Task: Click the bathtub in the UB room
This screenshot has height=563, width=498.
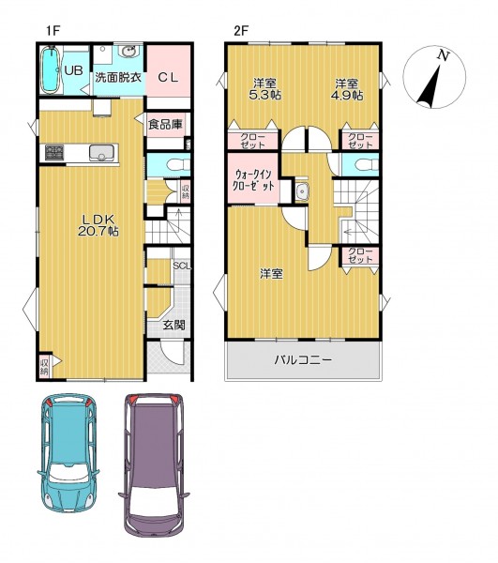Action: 52,69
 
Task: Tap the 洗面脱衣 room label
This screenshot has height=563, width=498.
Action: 118,77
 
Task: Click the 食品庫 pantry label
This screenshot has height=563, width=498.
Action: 165,124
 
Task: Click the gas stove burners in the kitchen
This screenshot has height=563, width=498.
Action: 53,153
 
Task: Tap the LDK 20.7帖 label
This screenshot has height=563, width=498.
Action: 98,225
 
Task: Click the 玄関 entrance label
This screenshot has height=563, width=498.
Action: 174,326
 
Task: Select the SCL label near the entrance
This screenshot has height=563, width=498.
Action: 182,266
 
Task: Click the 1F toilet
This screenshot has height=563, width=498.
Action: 179,164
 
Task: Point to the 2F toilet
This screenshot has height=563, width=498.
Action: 367,165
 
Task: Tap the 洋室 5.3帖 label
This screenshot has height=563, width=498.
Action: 266,89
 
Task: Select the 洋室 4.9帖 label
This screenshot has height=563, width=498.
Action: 347,89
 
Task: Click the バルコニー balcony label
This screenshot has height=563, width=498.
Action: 303,359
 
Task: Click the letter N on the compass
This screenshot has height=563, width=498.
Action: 444,56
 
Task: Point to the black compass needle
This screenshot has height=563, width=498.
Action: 430,87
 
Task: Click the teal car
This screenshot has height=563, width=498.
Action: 68,453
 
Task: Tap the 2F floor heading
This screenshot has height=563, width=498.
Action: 241,31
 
